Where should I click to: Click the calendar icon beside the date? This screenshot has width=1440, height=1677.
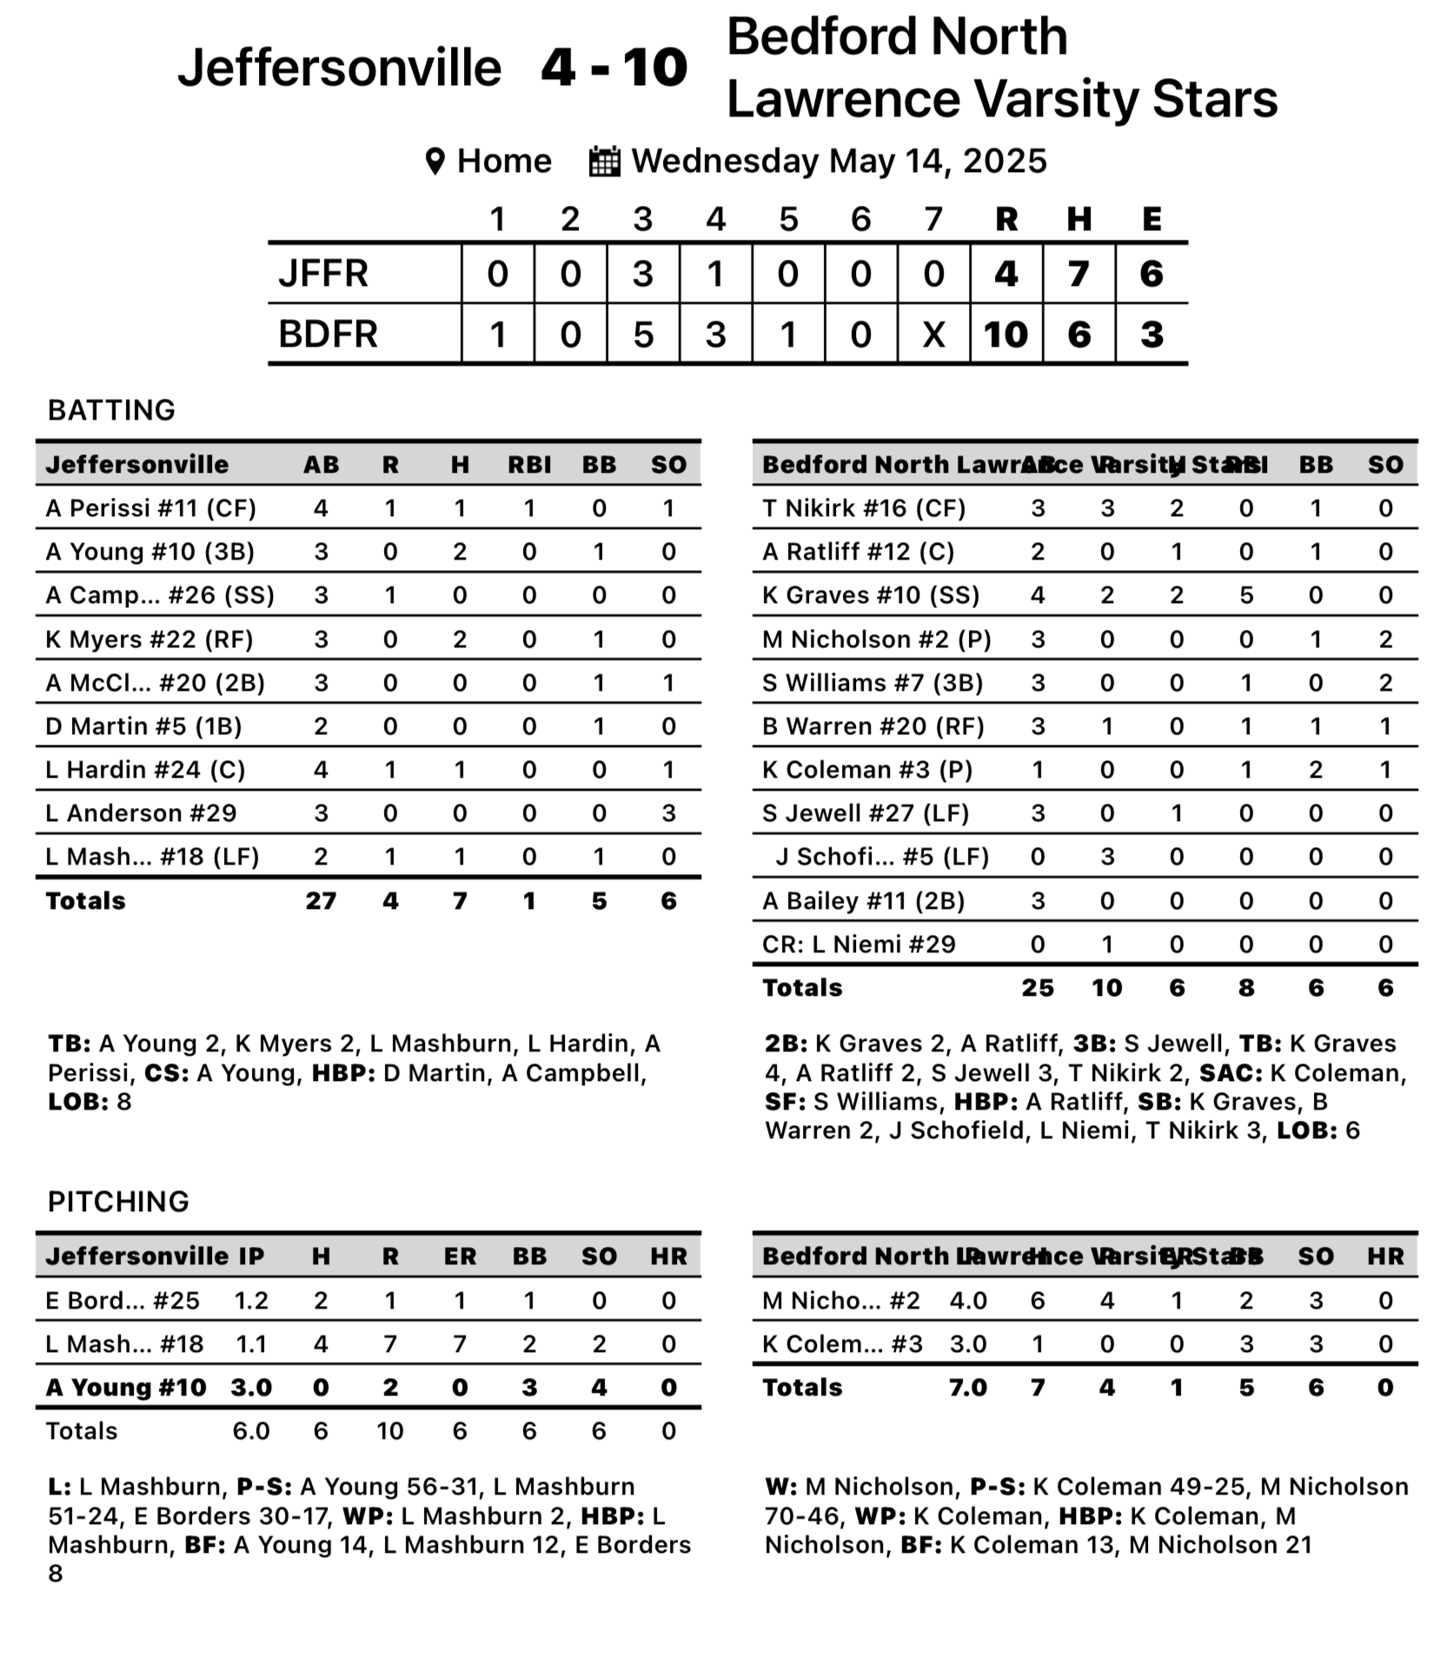tap(604, 162)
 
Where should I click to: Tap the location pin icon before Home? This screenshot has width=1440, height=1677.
tap(435, 162)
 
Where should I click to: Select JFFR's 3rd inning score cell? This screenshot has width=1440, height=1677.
tap(642, 274)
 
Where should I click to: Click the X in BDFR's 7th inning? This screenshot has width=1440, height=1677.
tap(933, 335)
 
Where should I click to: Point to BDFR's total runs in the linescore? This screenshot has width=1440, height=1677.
tap(1005, 335)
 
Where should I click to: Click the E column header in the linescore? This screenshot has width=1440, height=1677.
tap(1151, 219)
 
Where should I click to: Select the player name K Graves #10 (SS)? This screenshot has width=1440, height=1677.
tap(870, 595)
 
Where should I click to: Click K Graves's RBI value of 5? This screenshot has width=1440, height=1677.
tap(1246, 595)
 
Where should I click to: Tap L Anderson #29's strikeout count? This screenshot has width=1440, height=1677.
tap(668, 813)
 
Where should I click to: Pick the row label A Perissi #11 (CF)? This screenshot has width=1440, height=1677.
tap(150, 508)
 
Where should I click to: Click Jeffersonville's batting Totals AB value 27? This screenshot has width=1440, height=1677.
tap(321, 901)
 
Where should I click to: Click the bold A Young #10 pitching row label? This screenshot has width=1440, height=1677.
tap(126, 1388)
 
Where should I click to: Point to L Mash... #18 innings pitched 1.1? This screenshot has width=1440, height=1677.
tap(251, 1344)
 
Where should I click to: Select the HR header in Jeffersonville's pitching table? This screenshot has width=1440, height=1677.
tap(668, 1256)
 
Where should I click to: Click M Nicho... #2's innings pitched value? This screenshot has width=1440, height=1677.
tap(968, 1301)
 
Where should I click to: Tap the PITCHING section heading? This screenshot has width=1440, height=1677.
tap(118, 1202)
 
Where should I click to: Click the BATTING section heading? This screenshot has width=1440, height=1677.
tap(111, 410)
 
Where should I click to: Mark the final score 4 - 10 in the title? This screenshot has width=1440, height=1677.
tap(614, 68)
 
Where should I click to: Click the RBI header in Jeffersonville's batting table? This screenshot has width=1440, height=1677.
tap(529, 465)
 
